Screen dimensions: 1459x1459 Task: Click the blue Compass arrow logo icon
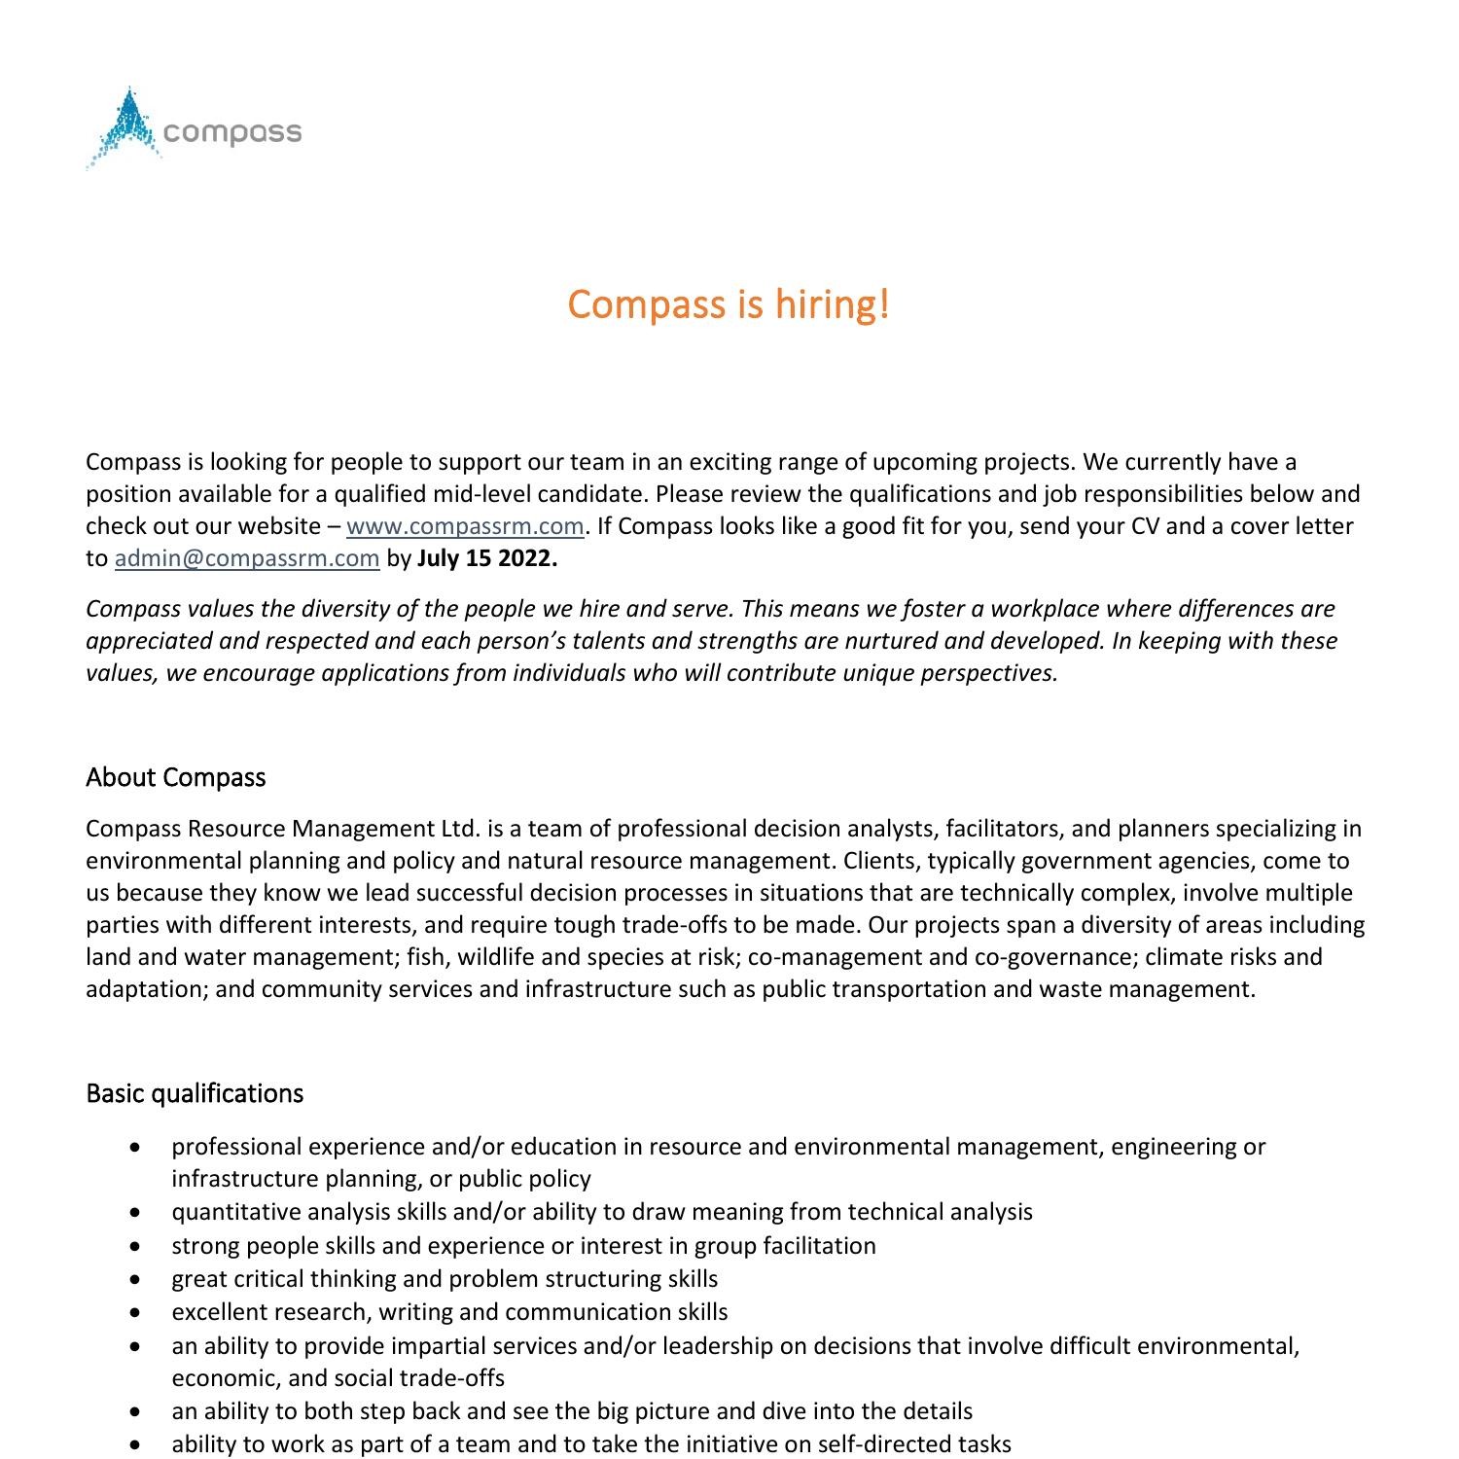coord(125,128)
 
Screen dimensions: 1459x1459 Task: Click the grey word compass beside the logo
coord(233,132)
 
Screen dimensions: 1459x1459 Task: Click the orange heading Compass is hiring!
coord(729,304)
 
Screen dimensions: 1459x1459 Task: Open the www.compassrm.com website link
coord(465,526)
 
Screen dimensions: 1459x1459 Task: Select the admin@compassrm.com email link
coord(247,558)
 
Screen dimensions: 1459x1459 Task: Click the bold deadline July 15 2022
coord(487,558)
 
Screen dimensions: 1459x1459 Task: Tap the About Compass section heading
coord(175,777)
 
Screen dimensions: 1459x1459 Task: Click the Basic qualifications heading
coord(195,1093)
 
